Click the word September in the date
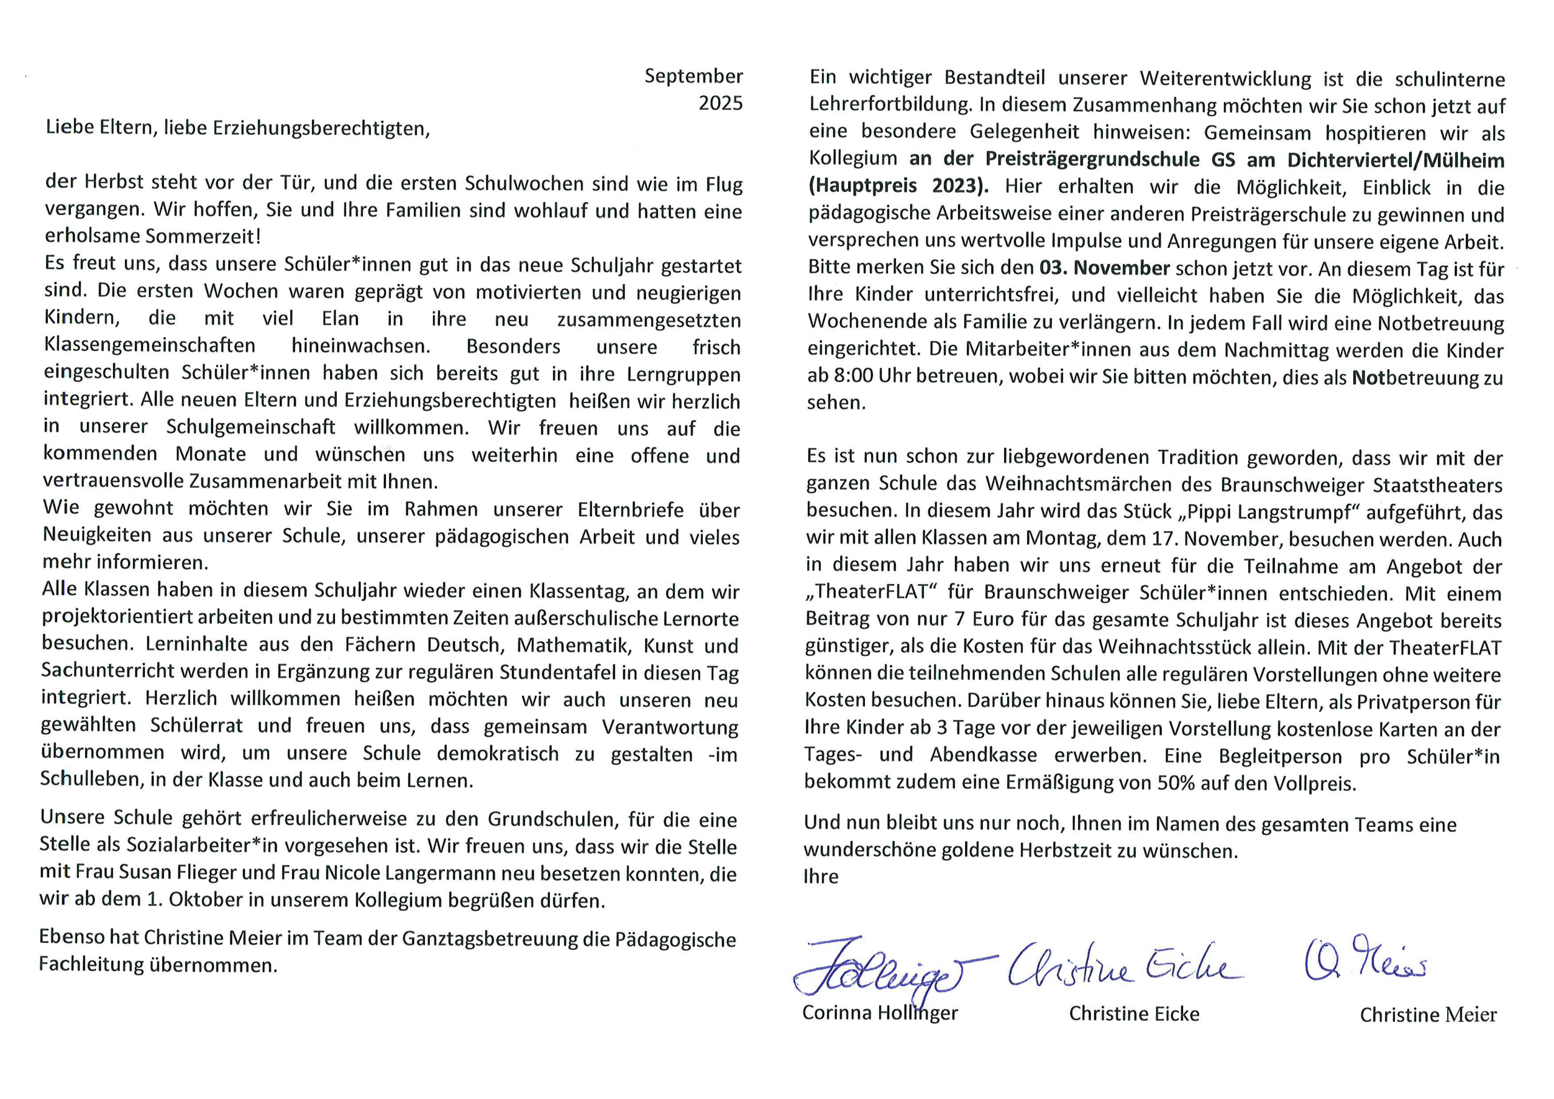[x=693, y=76]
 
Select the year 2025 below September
[x=720, y=103]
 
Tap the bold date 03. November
[x=1105, y=268]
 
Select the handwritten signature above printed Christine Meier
[x=1364, y=960]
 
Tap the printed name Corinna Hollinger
[x=880, y=1013]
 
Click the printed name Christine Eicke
[x=1134, y=1013]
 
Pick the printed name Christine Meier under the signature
[x=1428, y=1015]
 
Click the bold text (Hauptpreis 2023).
[x=898, y=186]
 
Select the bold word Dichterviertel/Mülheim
[x=1396, y=160]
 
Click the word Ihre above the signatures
[x=820, y=877]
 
